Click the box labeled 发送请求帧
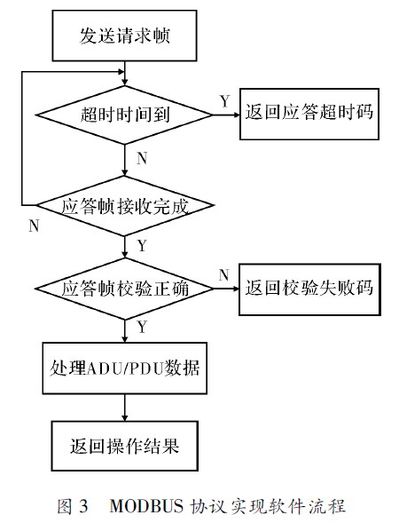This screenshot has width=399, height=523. (124, 36)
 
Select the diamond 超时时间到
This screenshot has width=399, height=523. (124, 115)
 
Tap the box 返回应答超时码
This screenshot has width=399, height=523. (309, 114)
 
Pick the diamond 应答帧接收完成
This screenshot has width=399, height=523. (124, 205)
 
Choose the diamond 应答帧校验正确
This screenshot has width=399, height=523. (124, 289)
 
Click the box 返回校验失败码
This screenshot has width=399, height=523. (309, 289)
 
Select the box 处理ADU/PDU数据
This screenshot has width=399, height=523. (124, 368)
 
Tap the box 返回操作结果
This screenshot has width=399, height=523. (124, 446)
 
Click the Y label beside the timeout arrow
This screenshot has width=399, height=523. (225, 101)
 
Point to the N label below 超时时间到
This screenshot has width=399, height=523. (142, 158)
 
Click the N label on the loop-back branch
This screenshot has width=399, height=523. (34, 226)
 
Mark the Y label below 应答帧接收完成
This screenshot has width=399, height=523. (142, 246)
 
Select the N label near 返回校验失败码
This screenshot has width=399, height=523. (224, 275)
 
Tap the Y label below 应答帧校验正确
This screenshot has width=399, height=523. (142, 328)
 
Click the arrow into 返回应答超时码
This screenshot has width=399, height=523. (226, 115)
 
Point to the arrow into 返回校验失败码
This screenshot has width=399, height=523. (226, 289)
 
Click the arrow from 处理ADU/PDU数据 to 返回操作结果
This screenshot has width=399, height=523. (124, 408)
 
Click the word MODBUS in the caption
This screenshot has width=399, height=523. (146, 505)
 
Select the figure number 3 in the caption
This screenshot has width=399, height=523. (83, 506)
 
